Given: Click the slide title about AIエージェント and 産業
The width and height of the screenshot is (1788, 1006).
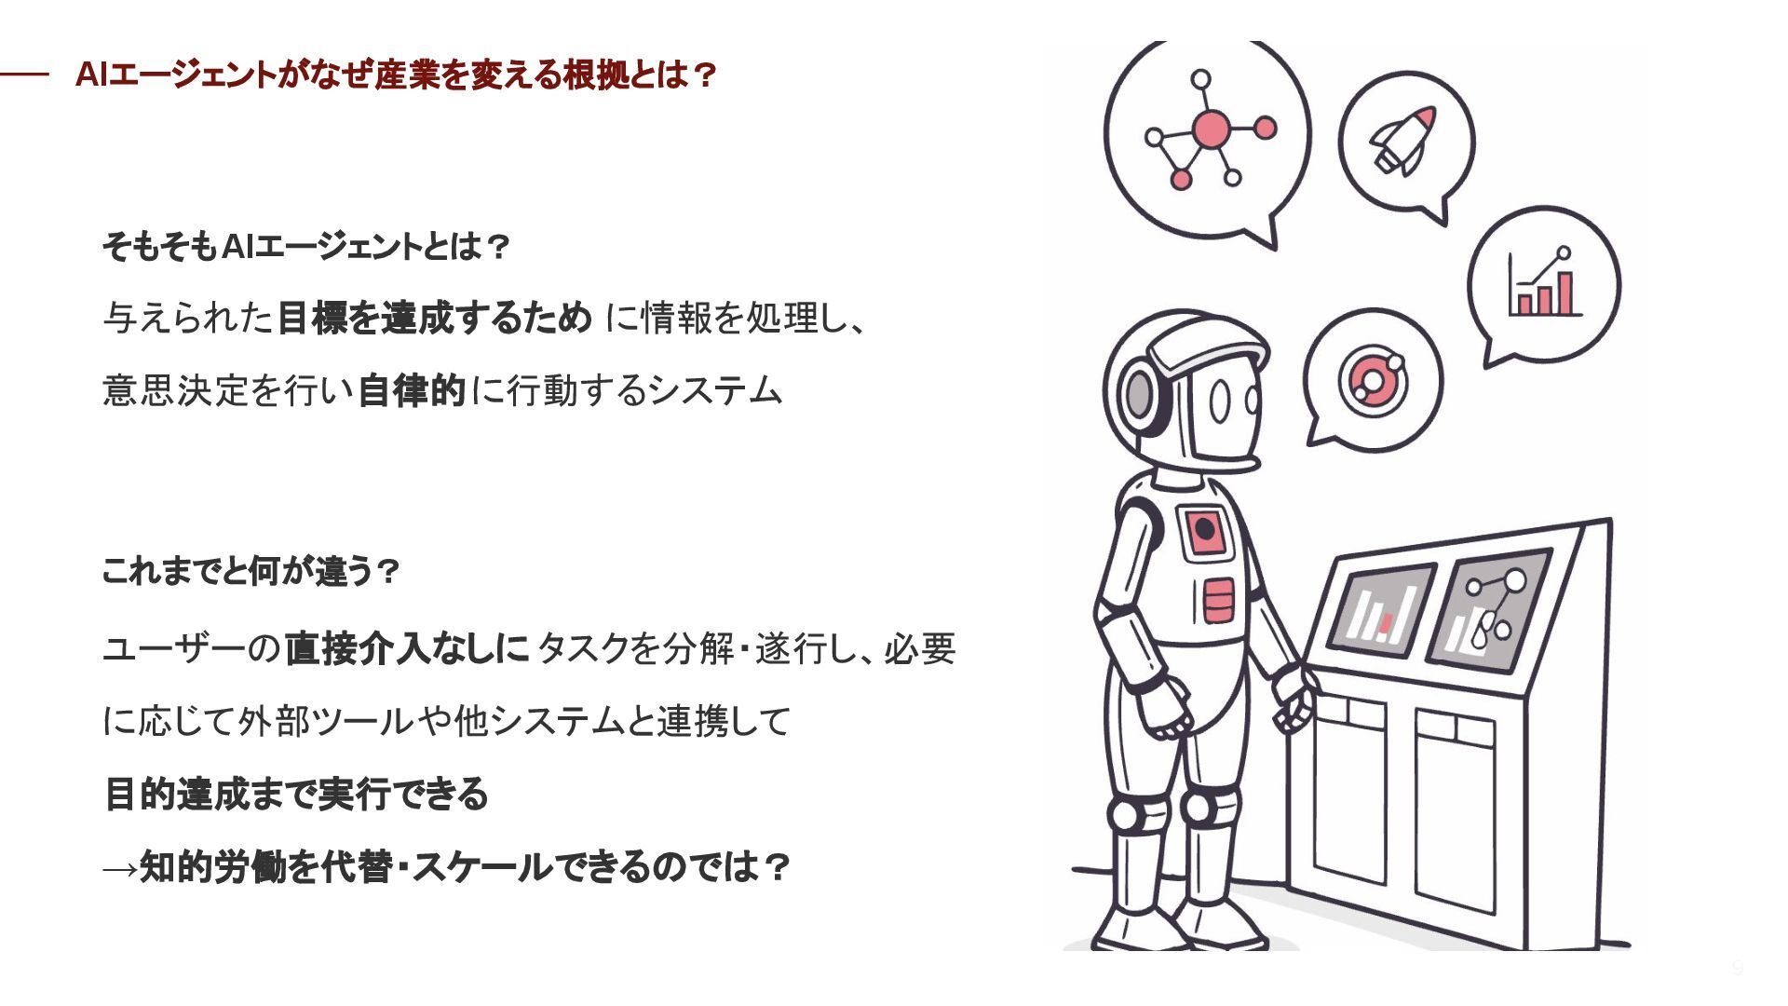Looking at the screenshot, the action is tap(395, 75).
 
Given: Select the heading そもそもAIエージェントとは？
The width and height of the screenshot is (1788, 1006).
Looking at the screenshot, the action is tap(305, 247).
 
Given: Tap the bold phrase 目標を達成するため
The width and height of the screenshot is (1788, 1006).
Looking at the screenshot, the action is tap(435, 319).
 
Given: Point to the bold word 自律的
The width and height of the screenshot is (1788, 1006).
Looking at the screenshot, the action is tap(411, 390).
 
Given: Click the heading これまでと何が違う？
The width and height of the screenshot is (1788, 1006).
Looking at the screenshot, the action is tap(250, 570).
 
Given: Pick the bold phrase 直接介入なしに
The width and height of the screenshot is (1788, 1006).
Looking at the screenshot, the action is tap(407, 648).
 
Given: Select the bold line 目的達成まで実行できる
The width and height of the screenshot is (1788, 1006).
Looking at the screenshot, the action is tap(295, 794).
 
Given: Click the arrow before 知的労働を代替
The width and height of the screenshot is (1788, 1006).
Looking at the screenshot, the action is tap(119, 869).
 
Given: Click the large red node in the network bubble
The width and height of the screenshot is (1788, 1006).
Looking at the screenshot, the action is tap(1211, 129).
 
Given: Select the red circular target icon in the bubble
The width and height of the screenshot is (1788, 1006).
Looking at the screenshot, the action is tap(1372, 380).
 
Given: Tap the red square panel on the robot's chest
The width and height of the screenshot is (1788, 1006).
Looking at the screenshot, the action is tap(1205, 531).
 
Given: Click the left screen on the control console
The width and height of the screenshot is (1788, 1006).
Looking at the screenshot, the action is tap(1381, 610).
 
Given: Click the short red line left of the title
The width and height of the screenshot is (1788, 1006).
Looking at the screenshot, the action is tap(24, 75).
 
